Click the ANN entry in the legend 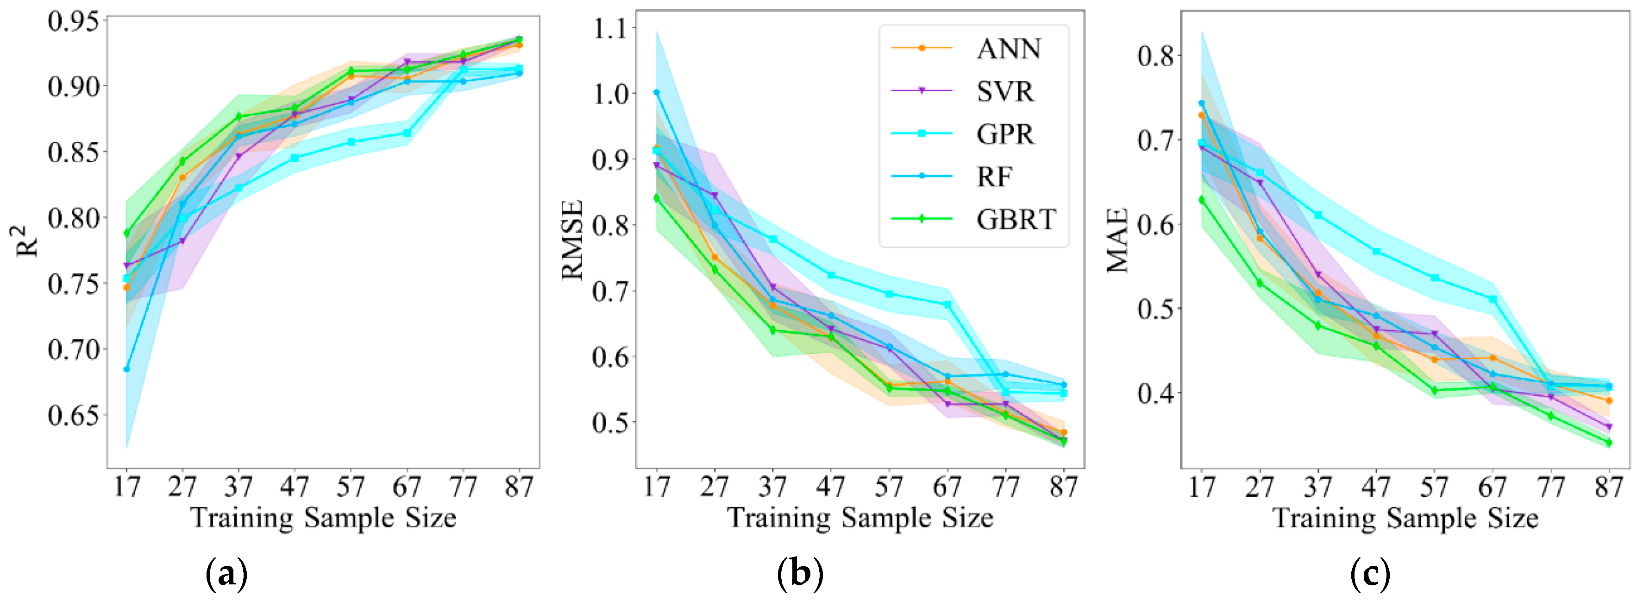pyautogui.click(x=1009, y=49)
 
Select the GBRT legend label pyautogui.click(x=1016, y=219)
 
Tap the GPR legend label pyautogui.click(x=1005, y=134)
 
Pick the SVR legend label pyautogui.click(x=1005, y=92)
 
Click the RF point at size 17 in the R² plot pyautogui.click(x=126, y=369)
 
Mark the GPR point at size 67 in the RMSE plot pyautogui.click(x=947, y=304)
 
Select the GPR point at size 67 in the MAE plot pyautogui.click(x=1493, y=299)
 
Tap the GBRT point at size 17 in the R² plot pyautogui.click(x=126, y=233)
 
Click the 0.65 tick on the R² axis pyautogui.click(x=74, y=415)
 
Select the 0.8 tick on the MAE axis pyautogui.click(x=1155, y=55)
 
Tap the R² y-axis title pyautogui.click(x=27, y=241)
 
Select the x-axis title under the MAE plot pyautogui.click(x=1405, y=518)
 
